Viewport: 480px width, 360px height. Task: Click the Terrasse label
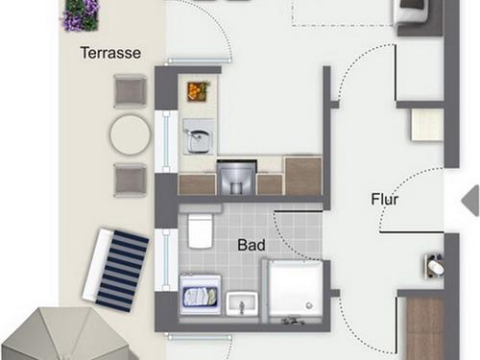(110, 53)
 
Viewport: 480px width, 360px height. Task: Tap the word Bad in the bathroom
(252, 245)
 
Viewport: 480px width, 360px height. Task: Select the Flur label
(385, 199)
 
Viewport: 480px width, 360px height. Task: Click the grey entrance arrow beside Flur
(470, 201)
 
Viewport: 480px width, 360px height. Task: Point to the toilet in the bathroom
(200, 228)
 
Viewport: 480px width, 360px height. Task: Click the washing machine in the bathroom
(201, 295)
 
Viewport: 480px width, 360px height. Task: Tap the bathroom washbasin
(242, 303)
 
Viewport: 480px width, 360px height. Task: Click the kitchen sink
(199, 136)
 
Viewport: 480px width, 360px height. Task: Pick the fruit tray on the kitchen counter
(199, 91)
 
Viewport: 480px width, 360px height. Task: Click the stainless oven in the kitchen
(236, 179)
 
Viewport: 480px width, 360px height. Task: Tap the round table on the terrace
(131, 135)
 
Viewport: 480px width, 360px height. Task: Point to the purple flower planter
(82, 15)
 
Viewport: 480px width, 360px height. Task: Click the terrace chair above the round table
(131, 91)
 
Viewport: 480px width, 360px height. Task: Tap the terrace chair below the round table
(131, 180)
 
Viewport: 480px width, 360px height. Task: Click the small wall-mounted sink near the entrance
(435, 266)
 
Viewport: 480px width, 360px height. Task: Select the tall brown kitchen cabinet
(303, 176)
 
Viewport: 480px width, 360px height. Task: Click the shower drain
(309, 305)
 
